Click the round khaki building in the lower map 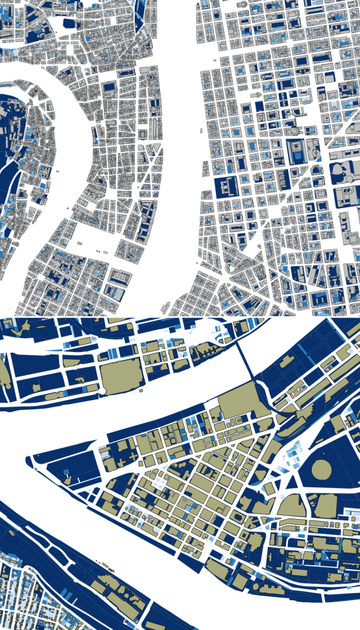[322, 470]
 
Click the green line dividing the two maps [180, 316]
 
